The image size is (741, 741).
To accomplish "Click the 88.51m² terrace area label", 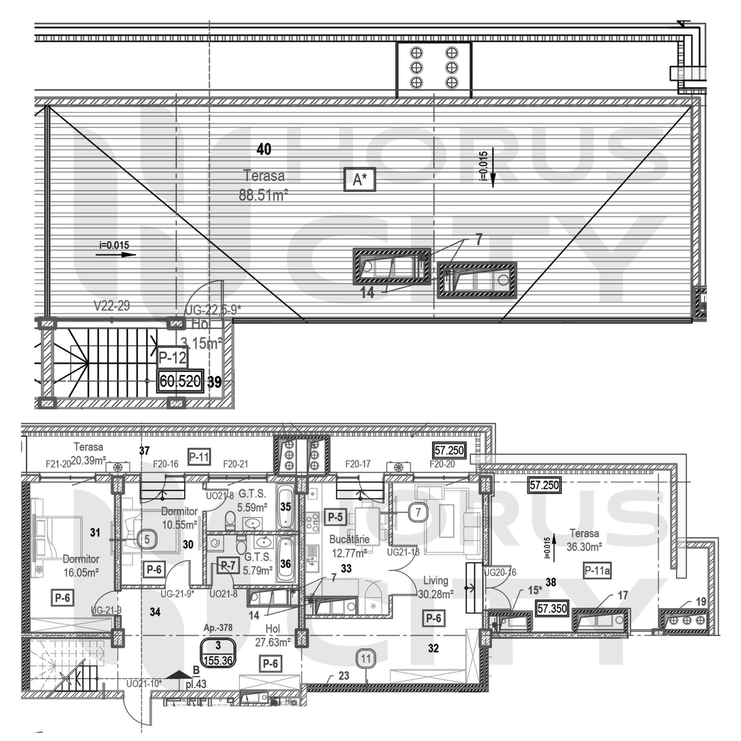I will pyautogui.click(x=263, y=195).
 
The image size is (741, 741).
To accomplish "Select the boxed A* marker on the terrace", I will pyautogui.click(x=359, y=180).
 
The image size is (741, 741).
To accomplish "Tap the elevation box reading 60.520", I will pyautogui.click(x=180, y=381).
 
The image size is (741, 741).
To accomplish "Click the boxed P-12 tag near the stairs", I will pyautogui.click(x=172, y=358).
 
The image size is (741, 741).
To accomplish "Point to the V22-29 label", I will pyautogui.click(x=111, y=306).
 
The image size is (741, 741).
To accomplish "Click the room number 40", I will pyautogui.click(x=264, y=149).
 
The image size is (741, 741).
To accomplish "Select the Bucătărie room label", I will pyautogui.click(x=349, y=539).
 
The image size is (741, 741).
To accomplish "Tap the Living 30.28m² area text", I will pyautogui.click(x=436, y=594).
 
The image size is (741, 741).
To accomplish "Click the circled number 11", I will pyautogui.click(x=366, y=659).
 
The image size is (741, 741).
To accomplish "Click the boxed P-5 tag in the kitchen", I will pyautogui.click(x=335, y=517).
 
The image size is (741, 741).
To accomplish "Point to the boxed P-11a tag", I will pyautogui.click(x=597, y=571).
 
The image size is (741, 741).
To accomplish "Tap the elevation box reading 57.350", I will pyautogui.click(x=552, y=608).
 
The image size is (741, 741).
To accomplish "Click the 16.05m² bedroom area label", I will pyautogui.click(x=81, y=572).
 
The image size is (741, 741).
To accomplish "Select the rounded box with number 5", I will pyautogui.click(x=147, y=539).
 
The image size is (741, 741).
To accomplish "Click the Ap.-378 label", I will pyautogui.click(x=218, y=628).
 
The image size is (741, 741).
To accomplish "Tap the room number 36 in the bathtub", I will pyautogui.click(x=285, y=564).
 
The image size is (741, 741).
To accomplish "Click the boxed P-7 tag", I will pyautogui.click(x=228, y=566).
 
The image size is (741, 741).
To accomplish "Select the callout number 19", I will pyautogui.click(x=701, y=602).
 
